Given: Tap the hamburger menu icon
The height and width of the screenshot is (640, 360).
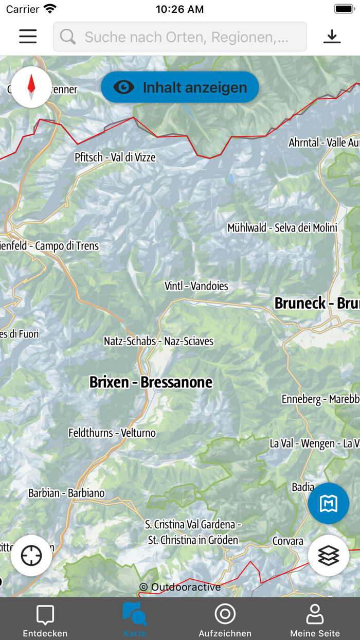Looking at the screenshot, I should click(x=28, y=37).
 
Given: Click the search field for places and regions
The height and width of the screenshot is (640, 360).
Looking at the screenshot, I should click(x=180, y=37).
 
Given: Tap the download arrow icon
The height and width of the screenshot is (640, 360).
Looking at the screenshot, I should click(x=332, y=37).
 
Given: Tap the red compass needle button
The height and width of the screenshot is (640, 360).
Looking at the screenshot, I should click(x=31, y=87).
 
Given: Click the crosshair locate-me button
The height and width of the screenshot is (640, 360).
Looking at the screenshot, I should click(x=31, y=555).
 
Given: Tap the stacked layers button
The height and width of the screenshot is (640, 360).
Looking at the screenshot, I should click(x=329, y=555).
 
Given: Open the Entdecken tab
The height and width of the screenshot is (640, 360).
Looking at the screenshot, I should click(x=45, y=620).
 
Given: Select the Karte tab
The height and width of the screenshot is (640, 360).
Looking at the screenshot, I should click(x=135, y=620).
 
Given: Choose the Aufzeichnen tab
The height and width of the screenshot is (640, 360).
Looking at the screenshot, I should click(x=225, y=620).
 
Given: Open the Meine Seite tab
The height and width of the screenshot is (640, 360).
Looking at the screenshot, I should click(x=315, y=620).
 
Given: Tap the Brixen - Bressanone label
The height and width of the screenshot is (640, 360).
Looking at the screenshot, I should click(x=151, y=382).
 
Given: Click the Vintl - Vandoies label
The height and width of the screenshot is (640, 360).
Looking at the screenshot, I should click(x=196, y=286).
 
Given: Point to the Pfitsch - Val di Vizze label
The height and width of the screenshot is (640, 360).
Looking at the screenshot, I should click(x=115, y=157).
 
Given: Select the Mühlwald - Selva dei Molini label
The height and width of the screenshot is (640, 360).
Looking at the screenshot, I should click(x=282, y=228).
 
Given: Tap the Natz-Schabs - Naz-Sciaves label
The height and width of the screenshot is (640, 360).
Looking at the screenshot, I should click(x=158, y=341).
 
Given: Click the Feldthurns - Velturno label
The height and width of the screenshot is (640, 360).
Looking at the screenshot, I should click(x=112, y=433).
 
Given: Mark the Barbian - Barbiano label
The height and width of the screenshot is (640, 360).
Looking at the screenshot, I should click(x=66, y=493).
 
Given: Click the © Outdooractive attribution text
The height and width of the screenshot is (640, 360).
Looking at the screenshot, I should click(x=179, y=587).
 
